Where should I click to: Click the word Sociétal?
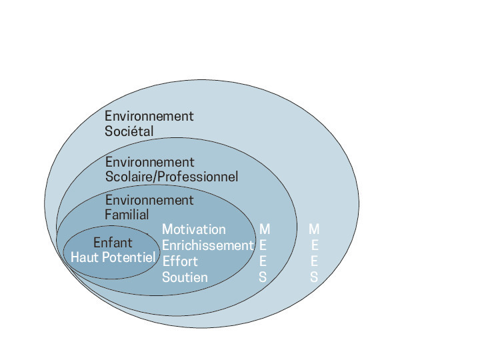point(129,131)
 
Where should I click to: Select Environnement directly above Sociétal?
point(149,116)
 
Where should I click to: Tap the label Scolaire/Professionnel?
point(171,177)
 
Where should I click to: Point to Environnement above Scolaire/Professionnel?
point(149,162)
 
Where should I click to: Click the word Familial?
point(127,215)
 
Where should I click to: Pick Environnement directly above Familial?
point(149,200)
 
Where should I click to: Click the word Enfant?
point(113,243)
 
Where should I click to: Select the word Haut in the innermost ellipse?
point(85,257)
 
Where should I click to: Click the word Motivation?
point(194,229)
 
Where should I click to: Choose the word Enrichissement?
point(208,245)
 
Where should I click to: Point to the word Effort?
point(180,261)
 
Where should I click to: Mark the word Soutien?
point(185,277)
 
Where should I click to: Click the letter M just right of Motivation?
point(265,229)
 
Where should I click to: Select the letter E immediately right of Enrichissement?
point(263,245)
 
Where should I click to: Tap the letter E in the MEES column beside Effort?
point(263,261)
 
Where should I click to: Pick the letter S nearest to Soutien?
point(263,277)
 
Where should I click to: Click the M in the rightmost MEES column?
point(314,229)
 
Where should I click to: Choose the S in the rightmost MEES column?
point(314,277)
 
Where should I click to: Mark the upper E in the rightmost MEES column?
point(314,245)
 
